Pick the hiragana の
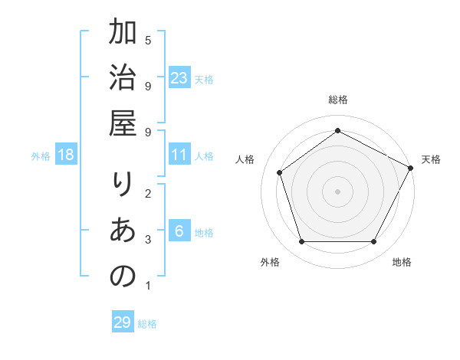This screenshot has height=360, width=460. (123, 276)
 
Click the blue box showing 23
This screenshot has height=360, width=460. (179, 77)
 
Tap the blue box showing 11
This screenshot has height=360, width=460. (179, 155)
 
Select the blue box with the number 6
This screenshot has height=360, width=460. (179, 232)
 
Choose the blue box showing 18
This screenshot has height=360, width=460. (66, 155)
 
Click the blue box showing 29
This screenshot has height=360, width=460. (123, 322)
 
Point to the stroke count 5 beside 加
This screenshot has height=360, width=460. (148, 39)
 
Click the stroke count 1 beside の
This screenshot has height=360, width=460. (147, 286)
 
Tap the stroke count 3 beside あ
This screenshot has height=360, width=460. (148, 240)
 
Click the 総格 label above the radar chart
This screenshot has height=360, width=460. (337, 100)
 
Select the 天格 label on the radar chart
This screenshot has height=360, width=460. (431, 159)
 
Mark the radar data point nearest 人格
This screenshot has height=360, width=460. (280, 172)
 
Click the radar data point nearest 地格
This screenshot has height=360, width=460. (373, 242)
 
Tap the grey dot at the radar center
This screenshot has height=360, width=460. (337, 191)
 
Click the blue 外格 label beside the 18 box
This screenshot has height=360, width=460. (41, 156)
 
